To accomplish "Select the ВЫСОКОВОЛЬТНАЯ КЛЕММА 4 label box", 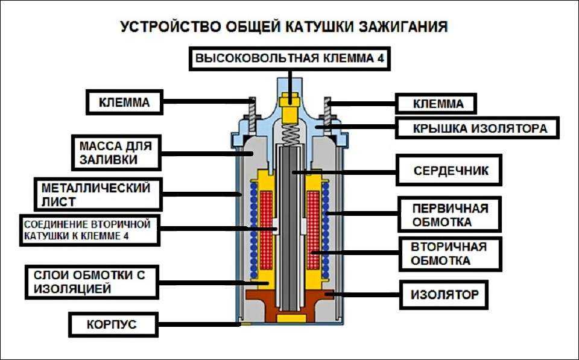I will (289, 59).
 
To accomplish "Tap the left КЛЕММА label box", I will (124, 103).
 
